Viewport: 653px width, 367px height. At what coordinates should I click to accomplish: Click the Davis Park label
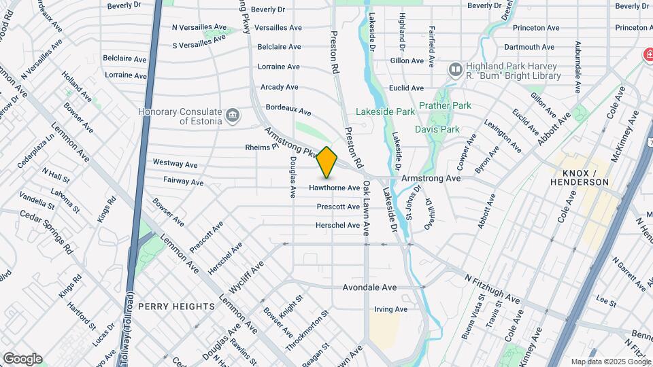pos(437,129)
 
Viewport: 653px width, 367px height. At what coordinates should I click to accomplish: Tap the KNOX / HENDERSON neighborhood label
pos(580,177)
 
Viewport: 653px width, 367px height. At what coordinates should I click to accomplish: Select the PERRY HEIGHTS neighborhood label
pos(176,307)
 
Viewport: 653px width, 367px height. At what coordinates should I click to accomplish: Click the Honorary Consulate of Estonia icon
pos(233,113)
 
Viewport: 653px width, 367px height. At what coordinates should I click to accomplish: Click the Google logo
pos(22,358)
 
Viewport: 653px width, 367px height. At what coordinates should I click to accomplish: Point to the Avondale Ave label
pos(369,287)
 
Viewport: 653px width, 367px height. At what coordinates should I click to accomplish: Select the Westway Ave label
pos(175,164)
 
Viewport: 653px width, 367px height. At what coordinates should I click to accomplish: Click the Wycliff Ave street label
pos(246,278)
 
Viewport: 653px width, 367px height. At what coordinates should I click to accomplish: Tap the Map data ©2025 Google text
pos(610,362)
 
